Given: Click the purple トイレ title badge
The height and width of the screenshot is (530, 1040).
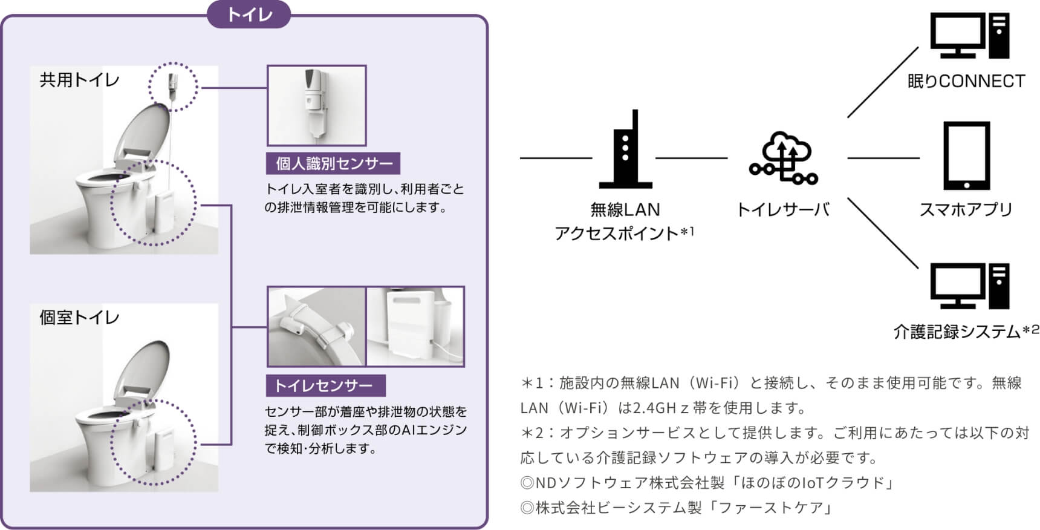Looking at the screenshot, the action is (x=249, y=14).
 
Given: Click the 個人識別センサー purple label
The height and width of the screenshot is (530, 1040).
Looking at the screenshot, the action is (x=334, y=163).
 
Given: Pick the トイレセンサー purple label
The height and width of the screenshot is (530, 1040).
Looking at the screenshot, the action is (x=326, y=385).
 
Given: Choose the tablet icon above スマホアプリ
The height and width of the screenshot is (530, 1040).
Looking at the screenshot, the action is (x=966, y=155).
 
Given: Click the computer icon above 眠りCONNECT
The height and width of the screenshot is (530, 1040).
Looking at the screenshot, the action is (x=970, y=36).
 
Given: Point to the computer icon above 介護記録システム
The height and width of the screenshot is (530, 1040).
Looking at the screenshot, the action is (x=970, y=286).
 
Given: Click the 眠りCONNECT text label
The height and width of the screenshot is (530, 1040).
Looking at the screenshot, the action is (x=966, y=81).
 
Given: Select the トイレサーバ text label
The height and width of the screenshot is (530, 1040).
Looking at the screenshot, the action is (x=783, y=209).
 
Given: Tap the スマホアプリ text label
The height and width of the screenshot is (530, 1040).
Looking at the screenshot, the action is (x=966, y=209).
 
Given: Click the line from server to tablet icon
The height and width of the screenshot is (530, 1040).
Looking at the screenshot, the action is (x=883, y=159).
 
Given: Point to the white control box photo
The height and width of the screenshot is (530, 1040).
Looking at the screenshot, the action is (x=415, y=326).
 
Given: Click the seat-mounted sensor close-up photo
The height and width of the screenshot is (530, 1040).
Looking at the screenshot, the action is (x=316, y=326).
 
